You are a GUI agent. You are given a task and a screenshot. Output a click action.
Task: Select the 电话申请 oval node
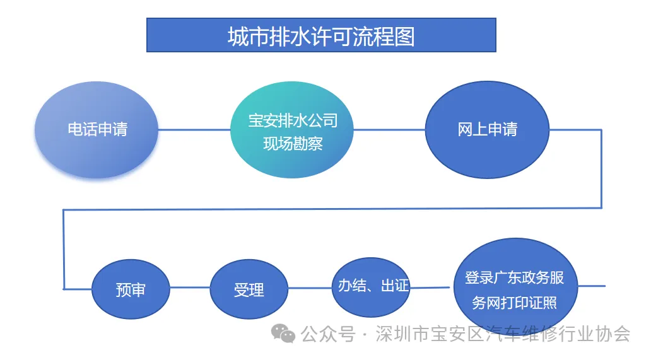click(x=97, y=130)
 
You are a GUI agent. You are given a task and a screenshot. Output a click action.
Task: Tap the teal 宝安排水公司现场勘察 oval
click(x=292, y=130)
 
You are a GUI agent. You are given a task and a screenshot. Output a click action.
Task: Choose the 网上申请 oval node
click(x=488, y=130)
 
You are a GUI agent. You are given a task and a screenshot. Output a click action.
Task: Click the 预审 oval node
click(x=131, y=289)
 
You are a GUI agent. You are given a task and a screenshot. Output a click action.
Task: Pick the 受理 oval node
click(x=249, y=289)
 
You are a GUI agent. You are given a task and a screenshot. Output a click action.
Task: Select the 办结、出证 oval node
click(x=371, y=287)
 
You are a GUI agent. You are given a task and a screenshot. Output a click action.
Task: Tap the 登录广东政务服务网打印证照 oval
click(x=515, y=286)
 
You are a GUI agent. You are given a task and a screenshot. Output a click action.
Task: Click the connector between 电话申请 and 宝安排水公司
click(x=194, y=130)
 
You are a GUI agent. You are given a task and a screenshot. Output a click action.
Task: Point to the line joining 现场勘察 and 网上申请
click(x=389, y=130)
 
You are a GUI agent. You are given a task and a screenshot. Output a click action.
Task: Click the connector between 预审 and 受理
click(x=190, y=287)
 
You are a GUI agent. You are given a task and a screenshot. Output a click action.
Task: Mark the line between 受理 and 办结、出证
click(x=310, y=288)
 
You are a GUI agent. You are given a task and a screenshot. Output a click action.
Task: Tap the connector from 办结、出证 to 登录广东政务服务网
click(x=430, y=287)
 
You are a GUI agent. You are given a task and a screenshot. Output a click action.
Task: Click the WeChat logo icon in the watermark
click(x=283, y=334)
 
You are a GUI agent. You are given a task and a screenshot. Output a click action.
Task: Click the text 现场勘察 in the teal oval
click(x=293, y=144)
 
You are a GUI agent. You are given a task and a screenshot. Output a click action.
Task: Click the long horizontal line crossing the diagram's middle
click(x=332, y=209)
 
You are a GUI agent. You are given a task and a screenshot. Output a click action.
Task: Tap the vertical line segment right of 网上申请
click(x=601, y=169)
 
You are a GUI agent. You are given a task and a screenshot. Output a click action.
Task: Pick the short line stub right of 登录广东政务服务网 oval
click(x=592, y=286)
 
